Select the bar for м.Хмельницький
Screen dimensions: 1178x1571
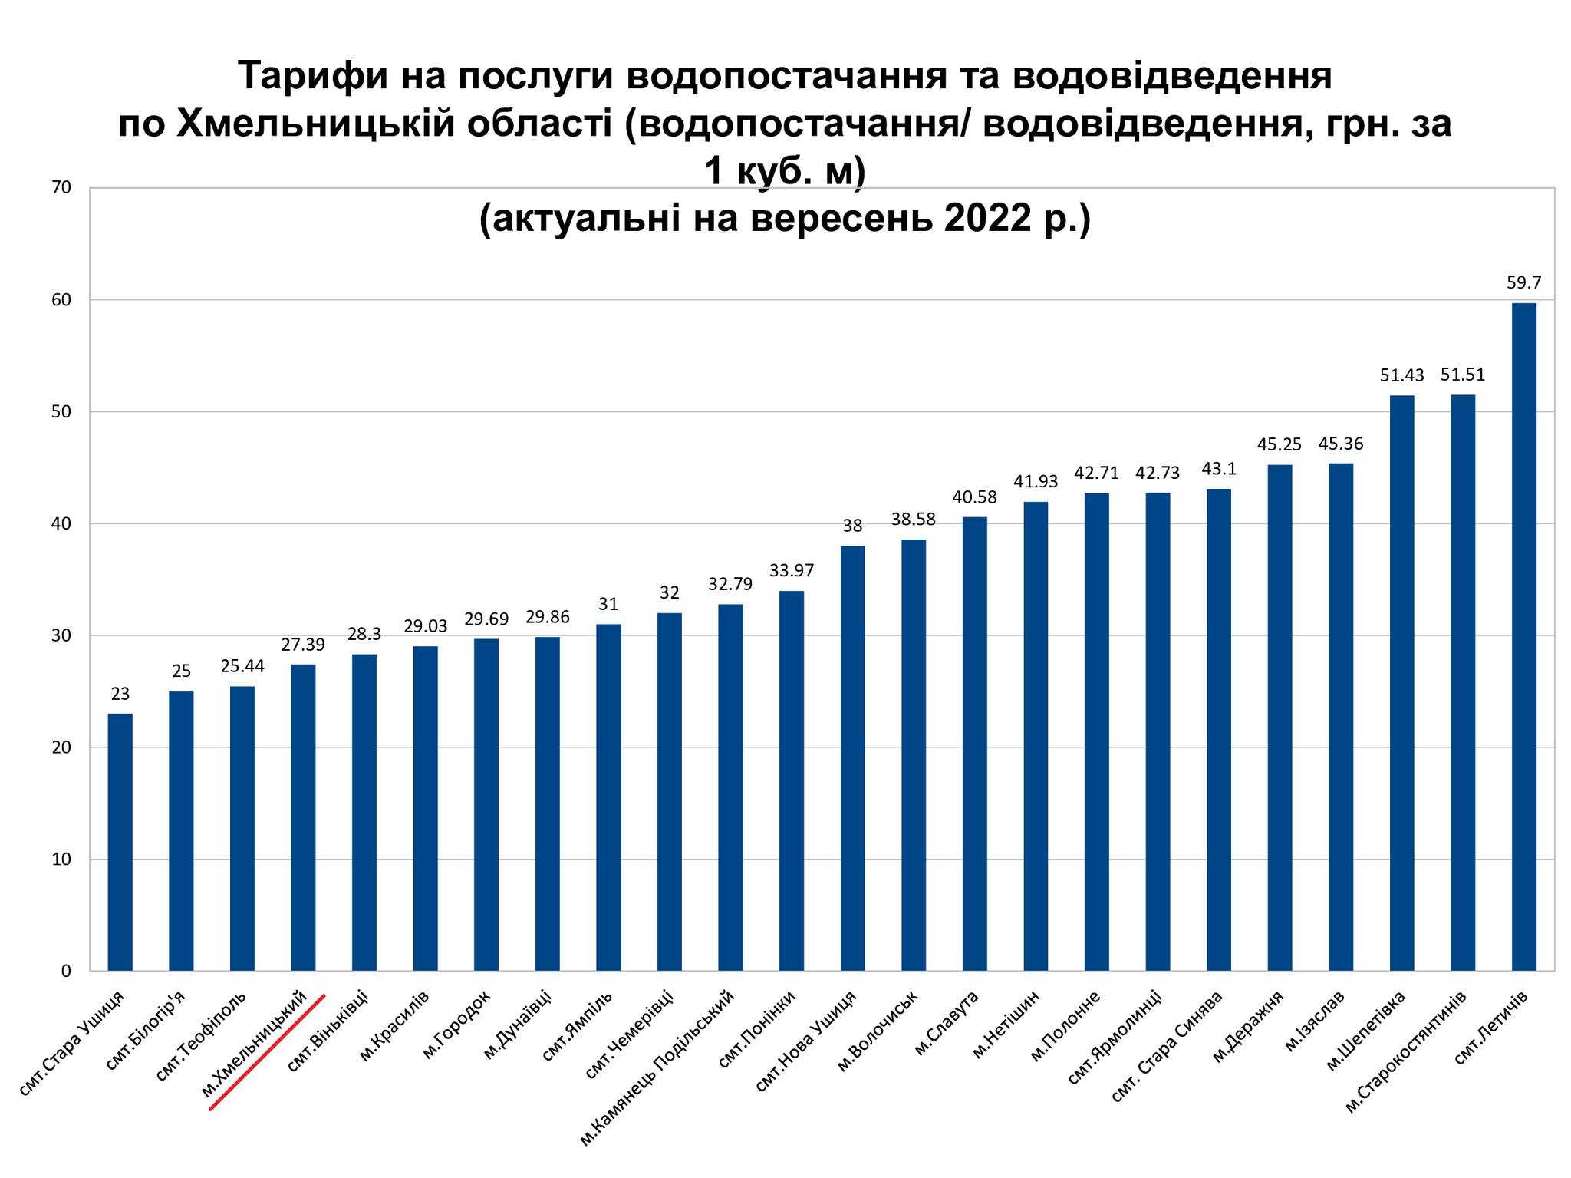(x=303, y=817)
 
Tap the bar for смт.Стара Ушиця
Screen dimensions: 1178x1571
(x=120, y=842)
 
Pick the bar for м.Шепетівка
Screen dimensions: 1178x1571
(x=1401, y=683)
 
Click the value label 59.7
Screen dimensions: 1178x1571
(x=1523, y=282)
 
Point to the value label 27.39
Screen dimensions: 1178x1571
(x=303, y=645)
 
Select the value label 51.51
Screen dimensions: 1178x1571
(x=1462, y=375)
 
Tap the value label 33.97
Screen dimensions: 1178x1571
(x=792, y=570)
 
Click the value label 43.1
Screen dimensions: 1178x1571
(x=1218, y=469)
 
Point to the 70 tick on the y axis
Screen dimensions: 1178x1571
(x=61, y=188)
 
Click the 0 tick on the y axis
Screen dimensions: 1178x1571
(x=66, y=971)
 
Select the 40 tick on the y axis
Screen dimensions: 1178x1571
(x=61, y=524)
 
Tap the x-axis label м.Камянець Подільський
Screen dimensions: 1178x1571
(x=658, y=1067)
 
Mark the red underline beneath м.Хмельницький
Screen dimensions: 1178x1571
(x=267, y=1052)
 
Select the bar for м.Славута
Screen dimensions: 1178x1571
(x=974, y=743)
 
